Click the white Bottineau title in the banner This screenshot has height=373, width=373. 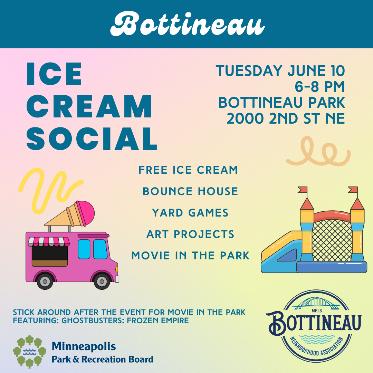pos(188,24)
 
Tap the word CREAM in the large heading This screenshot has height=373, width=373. pos(89,106)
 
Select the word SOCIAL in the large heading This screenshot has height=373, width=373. pos(92,138)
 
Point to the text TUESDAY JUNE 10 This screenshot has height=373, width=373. pos(280,71)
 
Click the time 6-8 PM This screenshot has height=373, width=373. pos(320,87)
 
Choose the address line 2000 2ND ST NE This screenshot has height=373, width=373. pos(286,118)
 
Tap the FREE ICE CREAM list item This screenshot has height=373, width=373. pos(188,170)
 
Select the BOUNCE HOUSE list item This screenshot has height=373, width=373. pos(190,191)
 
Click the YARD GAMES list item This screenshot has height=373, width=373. pos(190,213)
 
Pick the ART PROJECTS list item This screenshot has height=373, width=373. pos(190,234)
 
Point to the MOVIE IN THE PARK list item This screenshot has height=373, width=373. pos(190,256)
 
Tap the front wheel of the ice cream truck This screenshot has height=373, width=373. pos(102,281)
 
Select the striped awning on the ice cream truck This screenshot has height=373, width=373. pos(49,241)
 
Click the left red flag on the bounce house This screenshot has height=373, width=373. pos(303,190)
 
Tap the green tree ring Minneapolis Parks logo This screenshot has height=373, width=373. pos(29,352)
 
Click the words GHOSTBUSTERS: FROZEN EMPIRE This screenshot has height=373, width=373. pos(125,321)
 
